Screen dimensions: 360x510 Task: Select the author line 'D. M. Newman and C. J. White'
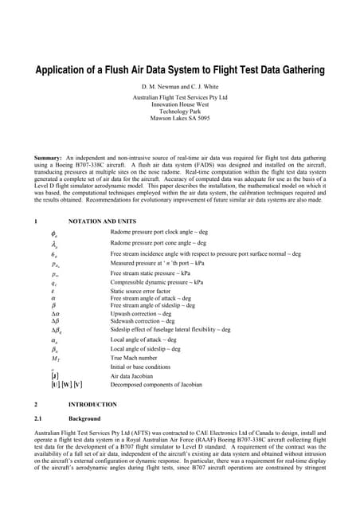coord(179,85)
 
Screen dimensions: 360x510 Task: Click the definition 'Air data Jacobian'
coord(132,375)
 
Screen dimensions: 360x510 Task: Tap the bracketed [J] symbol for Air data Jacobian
coord(53,375)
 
